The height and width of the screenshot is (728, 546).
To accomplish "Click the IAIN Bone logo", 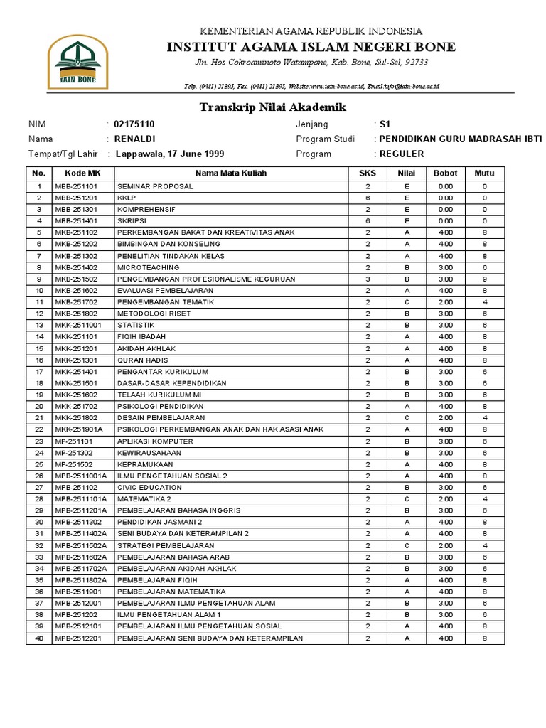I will coord(77,63).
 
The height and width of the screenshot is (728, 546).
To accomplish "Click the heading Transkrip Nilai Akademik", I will coord(272,107).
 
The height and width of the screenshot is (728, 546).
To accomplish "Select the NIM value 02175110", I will coord(134,124).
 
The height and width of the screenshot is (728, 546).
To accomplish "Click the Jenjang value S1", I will coord(385,124).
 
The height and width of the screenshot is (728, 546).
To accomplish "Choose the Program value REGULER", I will coord(402,154).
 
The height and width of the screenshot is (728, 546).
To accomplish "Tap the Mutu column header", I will coord(484,173).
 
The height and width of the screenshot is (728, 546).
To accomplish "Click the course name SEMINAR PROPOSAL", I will coord(155,186).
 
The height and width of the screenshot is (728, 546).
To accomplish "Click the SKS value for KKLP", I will coord(368,198).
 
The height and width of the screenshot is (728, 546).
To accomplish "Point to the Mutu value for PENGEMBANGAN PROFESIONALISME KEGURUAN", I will coord(484,279).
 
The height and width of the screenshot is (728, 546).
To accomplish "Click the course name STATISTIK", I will coord(136,325).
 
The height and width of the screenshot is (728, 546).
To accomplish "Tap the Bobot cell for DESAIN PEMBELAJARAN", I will coord(446,417).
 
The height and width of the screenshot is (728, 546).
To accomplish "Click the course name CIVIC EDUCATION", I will coord(149,487).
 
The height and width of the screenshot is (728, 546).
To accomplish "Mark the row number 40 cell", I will coord(39,638).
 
